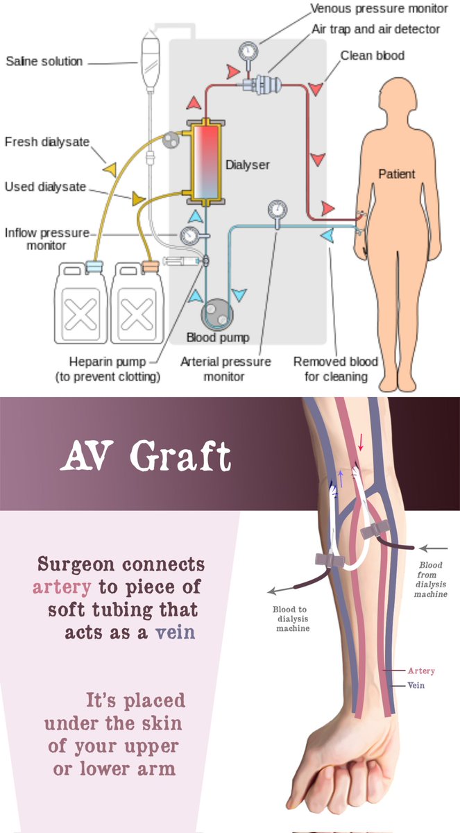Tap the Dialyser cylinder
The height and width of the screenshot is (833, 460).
click(205, 165)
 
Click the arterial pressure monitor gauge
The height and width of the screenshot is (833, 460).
click(277, 208)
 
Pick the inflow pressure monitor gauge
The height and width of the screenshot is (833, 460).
click(188, 237)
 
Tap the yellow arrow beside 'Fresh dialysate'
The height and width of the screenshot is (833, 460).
click(109, 169)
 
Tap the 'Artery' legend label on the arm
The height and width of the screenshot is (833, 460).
click(421, 671)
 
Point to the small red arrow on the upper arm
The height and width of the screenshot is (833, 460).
click(360, 441)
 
